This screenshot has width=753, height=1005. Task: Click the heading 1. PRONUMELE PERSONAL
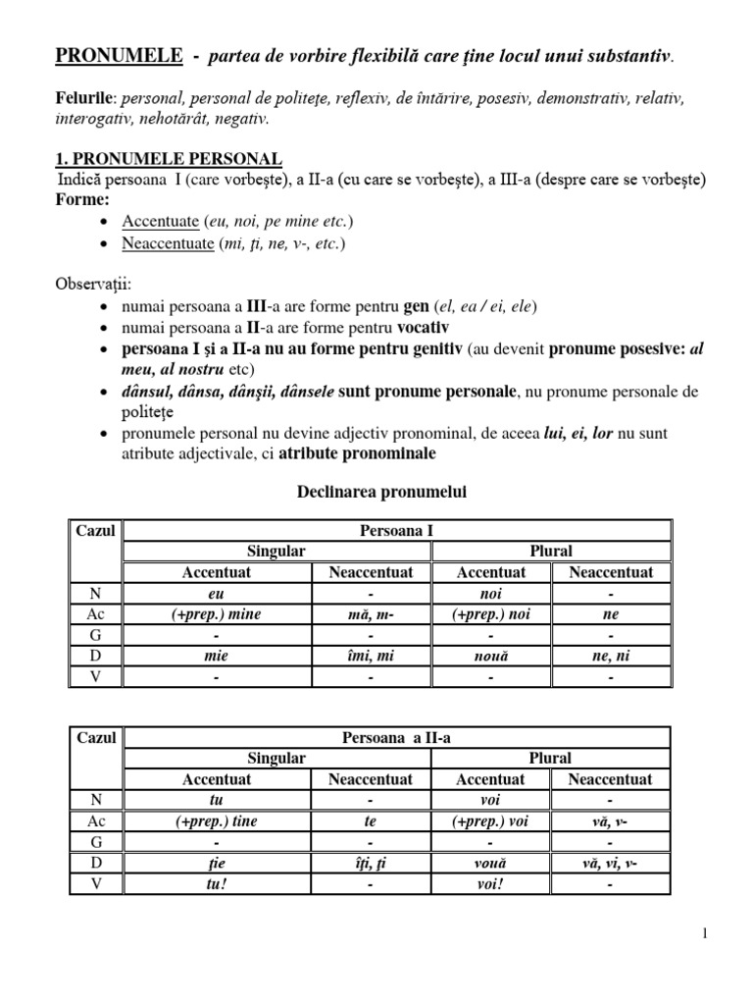[x=169, y=159]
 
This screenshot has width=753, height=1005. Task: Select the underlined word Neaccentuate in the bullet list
[x=167, y=243]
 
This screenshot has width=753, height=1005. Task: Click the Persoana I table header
[x=397, y=531]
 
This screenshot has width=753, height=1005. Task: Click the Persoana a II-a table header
[x=397, y=737]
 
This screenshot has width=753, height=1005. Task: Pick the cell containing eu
[x=217, y=594]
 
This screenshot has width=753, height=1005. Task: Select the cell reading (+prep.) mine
[x=217, y=614]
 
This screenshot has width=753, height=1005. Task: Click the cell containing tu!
[x=217, y=883]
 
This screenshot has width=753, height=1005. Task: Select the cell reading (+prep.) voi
[x=490, y=821]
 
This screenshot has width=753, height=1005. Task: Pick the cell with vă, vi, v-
[x=610, y=863]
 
